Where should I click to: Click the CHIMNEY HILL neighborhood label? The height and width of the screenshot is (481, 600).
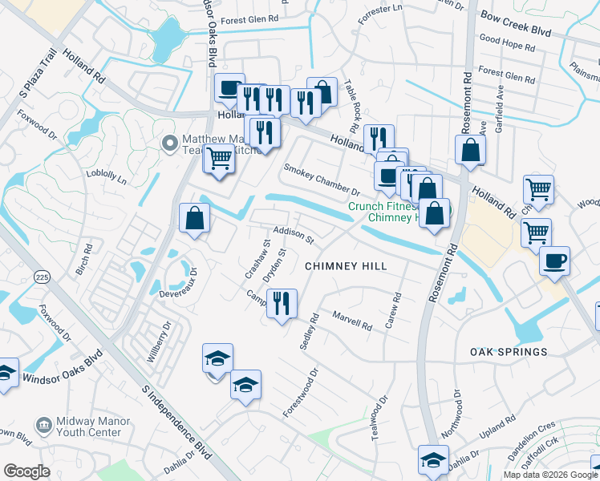click(x=346, y=266)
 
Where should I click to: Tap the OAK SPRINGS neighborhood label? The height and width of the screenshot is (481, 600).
click(x=509, y=352)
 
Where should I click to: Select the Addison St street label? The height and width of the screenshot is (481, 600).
click(x=293, y=235)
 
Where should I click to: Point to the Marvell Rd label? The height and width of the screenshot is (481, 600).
click(x=352, y=321)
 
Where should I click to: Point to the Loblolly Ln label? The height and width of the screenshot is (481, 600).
click(x=111, y=178)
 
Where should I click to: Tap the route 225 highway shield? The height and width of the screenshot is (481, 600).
click(x=42, y=276)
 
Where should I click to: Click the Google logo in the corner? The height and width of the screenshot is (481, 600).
click(x=26, y=471)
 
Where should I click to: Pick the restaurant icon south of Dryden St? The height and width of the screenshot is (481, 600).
click(x=281, y=304)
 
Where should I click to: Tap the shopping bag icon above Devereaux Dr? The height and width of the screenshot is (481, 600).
click(x=194, y=218)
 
